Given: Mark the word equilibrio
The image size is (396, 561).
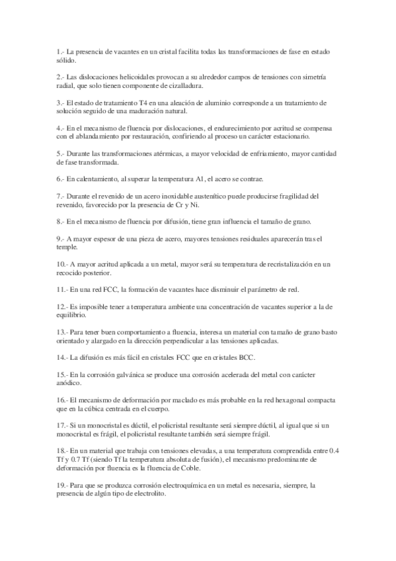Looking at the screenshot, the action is tap(71, 316).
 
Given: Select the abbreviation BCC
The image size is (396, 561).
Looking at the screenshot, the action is tap(245, 358).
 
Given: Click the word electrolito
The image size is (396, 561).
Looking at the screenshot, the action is tap(147, 494).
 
